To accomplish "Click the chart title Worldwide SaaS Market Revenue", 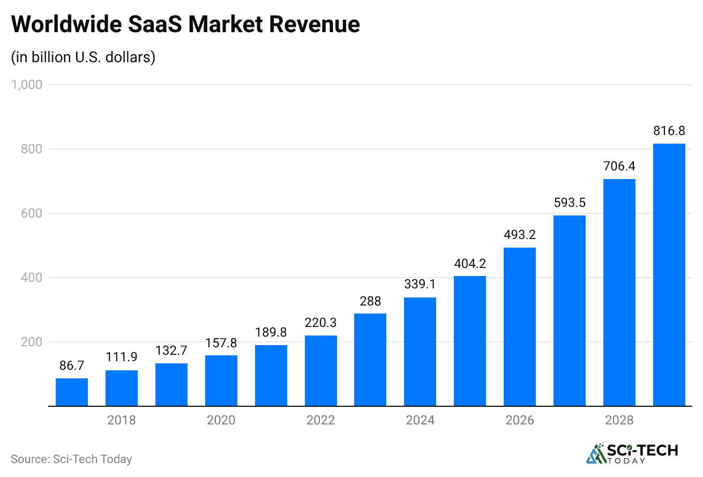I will point(185,24).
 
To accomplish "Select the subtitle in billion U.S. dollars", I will point(83,57).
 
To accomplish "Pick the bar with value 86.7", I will point(72,392).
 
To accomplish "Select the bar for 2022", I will point(320,371).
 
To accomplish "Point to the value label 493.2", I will point(519,235).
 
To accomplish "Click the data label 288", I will point(370,301).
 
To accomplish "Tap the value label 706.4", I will point(619,166).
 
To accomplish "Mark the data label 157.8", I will point(221,342).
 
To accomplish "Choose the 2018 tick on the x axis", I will point(122,420).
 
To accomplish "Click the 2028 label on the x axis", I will point(619,420).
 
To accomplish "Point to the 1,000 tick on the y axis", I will point(27,85).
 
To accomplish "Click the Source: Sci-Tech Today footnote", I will point(71,459).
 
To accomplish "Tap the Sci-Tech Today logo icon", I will point(595,453).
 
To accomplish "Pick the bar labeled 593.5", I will point(569,311).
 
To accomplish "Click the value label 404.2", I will point(470,263).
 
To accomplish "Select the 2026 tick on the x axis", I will point(519,420).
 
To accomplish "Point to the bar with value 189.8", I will point(271,376).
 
